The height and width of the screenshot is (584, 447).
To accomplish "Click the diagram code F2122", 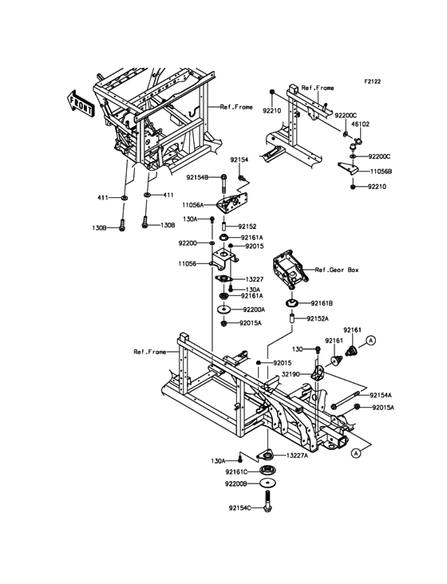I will (x=374, y=81).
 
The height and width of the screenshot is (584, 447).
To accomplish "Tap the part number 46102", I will (x=362, y=125).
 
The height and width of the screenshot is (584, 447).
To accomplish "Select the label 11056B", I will (x=381, y=171).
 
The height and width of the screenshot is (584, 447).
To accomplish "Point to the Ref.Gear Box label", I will (x=338, y=270).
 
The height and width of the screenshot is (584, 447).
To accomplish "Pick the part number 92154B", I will (x=197, y=177).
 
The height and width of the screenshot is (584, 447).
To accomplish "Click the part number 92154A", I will (x=381, y=394).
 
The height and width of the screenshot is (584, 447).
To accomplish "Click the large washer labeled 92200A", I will (x=224, y=309).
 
